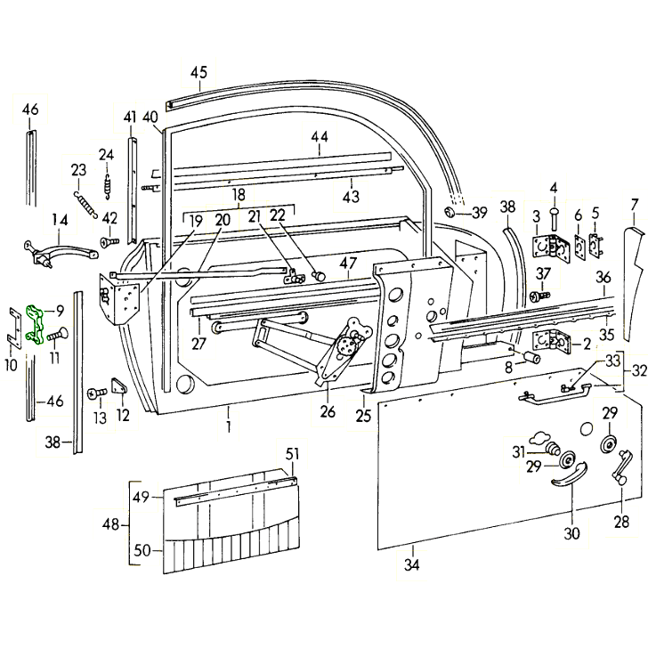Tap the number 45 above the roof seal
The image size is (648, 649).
[x=198, y=73]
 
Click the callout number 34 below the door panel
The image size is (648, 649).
[x=411, y=564]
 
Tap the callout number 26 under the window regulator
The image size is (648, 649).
[x=328, y=411]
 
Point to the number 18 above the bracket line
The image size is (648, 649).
[x=239, y=195]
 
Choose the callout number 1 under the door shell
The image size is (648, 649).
[x=229, y=426]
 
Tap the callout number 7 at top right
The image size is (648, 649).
[x=634, y=205]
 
